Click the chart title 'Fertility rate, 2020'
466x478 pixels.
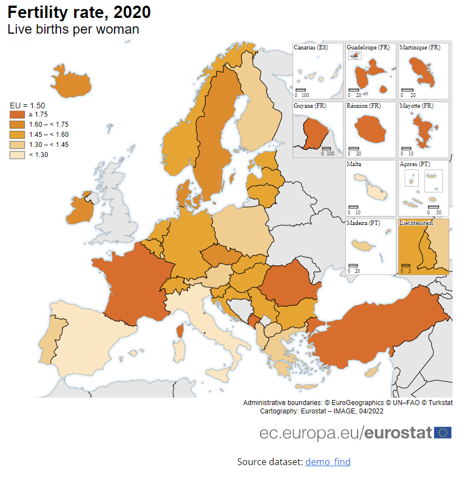tap(79, 12)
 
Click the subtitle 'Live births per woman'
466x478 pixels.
tap(73, 29)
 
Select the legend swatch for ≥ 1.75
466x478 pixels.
tap(17, 114)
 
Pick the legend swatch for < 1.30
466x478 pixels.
tap(17, 155)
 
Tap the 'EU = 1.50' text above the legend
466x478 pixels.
tap(28, 105)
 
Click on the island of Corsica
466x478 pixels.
tap(180, 331)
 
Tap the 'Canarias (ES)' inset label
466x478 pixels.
tap(310, 48)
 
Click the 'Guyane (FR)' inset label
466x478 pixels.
tap(309, 105)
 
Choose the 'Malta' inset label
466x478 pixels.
tap(354, 164)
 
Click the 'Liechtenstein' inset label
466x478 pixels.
tap(417, 223)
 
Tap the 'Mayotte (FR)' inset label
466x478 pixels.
tap(416, 105)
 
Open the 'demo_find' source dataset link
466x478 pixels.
tap(328, 462)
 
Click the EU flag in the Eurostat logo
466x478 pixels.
tap(443, 433)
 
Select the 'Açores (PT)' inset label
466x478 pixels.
tap(414, 164)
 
